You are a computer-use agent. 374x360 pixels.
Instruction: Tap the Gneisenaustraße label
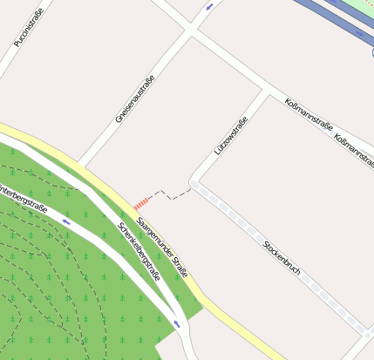[135, 98]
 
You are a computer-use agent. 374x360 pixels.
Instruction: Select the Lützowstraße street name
[231, 136]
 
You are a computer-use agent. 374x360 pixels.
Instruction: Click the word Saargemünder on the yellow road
[154, 233]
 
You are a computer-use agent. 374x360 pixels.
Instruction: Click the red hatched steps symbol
[139, 203]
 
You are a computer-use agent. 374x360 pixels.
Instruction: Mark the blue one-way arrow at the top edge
[209, 7]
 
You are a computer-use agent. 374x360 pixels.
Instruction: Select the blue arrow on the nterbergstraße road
[66, 221]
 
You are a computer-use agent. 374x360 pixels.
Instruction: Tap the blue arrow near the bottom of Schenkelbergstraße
[177, 323]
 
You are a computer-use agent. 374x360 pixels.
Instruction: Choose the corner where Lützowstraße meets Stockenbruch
[195, 184]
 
